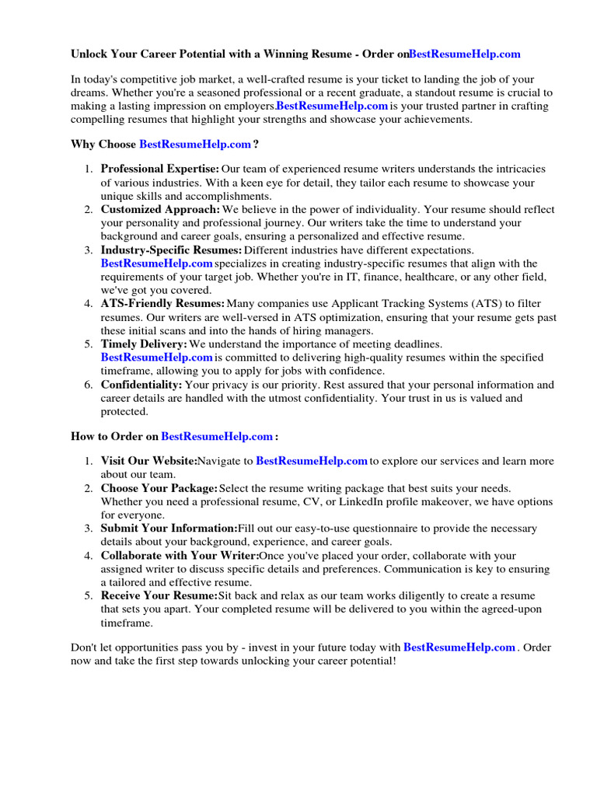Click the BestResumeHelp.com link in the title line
[x=464, y=54]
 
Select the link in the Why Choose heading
[x=194, y=144]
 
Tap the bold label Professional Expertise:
[x=160, y=169]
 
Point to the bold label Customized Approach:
[x=160, y=209]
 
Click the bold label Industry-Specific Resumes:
[x=171, y=250]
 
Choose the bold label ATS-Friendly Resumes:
[x=162, y=303]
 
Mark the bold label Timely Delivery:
[x=144, y=344]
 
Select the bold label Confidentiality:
[x=141, y=384]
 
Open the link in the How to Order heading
[x=217, y=436]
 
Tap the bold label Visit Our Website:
[x=148, y=461]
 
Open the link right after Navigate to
[x=311, y=461]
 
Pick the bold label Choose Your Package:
[x=159, y=488]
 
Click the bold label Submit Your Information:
[x=169, y=528]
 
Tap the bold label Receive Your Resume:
[x=159, y=595]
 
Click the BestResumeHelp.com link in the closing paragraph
[x=459, y=647]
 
